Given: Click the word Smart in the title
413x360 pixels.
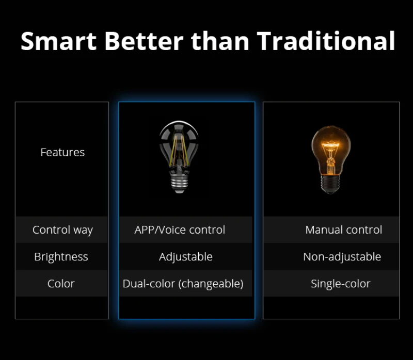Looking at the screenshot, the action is [59, 41].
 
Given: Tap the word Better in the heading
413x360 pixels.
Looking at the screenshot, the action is [144, 41].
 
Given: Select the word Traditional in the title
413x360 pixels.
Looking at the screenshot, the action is [326, 41].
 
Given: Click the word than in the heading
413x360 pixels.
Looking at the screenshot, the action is [220, 41].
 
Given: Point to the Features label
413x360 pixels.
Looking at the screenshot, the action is [62, 152].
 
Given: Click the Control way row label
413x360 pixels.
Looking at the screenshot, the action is [62, 230].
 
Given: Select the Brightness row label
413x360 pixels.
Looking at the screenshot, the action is [61, 257].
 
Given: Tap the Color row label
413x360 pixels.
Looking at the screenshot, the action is [61, 284].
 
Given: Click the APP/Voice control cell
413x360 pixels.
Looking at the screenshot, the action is [180, 230].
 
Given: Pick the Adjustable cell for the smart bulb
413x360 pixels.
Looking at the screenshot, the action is [186, 257].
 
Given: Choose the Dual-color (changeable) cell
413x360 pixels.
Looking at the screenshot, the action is [183, 284].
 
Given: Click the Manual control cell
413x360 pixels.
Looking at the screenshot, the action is [344, 230].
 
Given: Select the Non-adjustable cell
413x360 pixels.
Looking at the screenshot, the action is [342, 257].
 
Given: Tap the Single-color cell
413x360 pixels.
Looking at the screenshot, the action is [341, 284].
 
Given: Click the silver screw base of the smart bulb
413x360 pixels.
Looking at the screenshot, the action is [179, 184].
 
